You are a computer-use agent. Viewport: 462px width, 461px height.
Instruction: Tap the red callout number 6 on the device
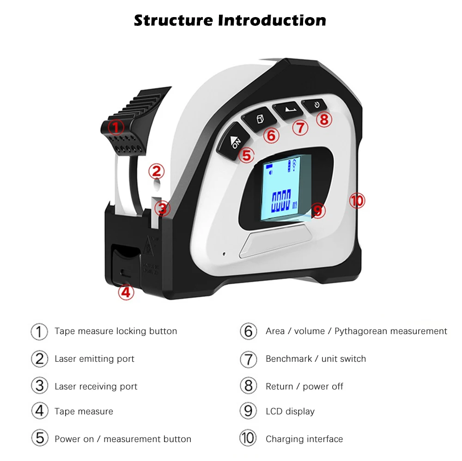tap(271, 136)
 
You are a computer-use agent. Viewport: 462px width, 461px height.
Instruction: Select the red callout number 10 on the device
tap(357, 201)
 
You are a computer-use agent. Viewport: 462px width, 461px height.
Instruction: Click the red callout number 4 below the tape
tap(126, 292)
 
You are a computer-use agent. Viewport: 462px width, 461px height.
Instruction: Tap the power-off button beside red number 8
tap(315, 105)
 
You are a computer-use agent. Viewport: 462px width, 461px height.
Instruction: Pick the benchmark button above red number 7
tap(287, 110)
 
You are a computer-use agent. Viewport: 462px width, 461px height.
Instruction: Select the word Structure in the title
tap(174, 20)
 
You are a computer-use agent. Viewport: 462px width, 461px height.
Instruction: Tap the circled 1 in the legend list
tap(39, 331)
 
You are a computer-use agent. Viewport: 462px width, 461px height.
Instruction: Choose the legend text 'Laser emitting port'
tap(94, 359)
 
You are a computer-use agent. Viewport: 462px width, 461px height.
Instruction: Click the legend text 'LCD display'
tap(290, 411)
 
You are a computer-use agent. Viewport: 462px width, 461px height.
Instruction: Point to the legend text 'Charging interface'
tap(304, 439)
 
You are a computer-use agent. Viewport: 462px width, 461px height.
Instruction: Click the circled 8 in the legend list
tap(248, 386)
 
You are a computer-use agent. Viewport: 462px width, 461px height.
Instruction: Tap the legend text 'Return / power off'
tap(304, 387)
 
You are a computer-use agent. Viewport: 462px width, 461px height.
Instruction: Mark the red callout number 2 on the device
tap(156, 172)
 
